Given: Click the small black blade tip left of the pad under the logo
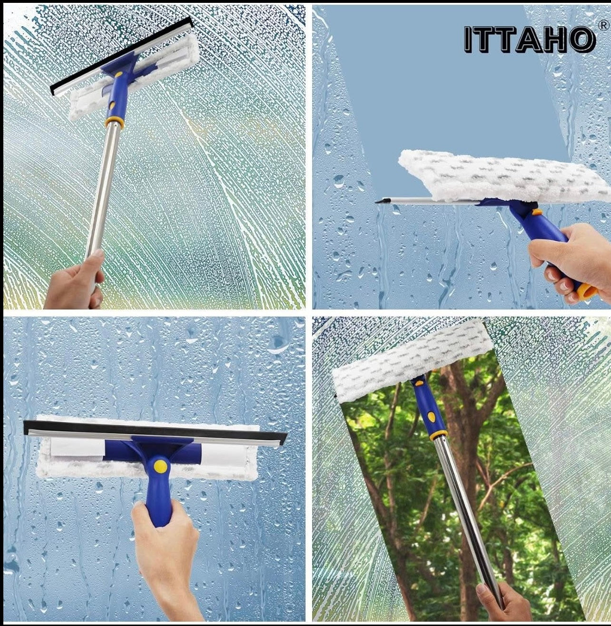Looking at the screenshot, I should click(x=380, y=201).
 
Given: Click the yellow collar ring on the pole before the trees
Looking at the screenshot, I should click(x=438, y=435).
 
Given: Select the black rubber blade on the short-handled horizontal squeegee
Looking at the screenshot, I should click(x=155, y=430).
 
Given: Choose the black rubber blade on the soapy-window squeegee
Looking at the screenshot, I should click(x=121, y=56).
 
